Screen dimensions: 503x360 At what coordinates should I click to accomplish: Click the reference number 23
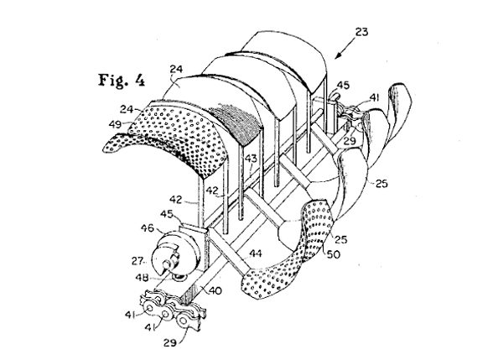click(361, 32)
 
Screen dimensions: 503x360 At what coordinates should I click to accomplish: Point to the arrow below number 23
click(345, 48)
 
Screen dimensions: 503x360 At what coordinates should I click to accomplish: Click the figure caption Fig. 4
click(122, 81)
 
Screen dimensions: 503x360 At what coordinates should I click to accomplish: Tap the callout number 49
click(116, 123)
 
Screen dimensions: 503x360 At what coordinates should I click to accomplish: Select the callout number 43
click(251, 159)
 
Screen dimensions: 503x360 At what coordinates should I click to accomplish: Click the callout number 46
click(148, 228)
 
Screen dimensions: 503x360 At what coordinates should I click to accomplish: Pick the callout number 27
click(137, 261)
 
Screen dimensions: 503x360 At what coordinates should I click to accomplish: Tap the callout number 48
click(142, 277)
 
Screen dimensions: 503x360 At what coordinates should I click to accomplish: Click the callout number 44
click(256, 253)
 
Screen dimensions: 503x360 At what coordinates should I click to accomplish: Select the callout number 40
click(215, 290)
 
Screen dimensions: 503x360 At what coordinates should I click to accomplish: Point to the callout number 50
click(334, 254)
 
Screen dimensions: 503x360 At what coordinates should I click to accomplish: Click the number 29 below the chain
click(170, 343)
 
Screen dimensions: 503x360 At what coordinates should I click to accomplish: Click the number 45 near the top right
click(343, 85)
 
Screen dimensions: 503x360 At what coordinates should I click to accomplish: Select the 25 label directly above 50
click(340, 239)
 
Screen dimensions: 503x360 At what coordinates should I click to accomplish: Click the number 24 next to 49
click(127, 109)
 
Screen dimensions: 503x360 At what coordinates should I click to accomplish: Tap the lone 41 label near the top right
click(375, 97)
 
